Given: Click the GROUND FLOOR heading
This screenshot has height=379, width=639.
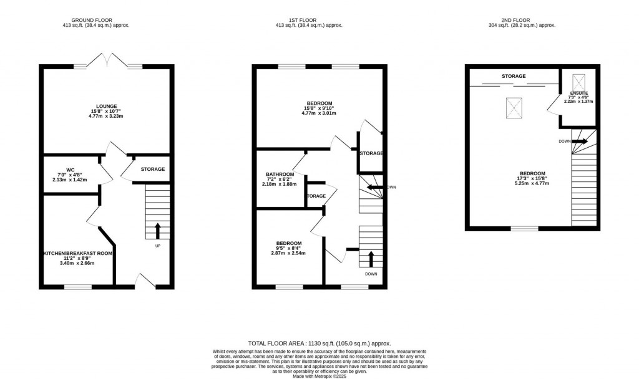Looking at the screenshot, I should pos(91,19).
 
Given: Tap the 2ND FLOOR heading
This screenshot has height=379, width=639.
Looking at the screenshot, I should pos(522,19).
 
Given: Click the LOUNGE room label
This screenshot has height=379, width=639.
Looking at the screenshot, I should pos(107,107).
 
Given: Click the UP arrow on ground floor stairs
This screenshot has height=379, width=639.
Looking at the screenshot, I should pos(157,230).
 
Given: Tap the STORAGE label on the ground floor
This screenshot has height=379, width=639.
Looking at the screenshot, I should pos(152,169).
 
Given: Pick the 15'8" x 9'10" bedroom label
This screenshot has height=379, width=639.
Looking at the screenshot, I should pos(319,103).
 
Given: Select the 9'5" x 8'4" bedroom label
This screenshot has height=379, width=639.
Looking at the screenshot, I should pos(289,243).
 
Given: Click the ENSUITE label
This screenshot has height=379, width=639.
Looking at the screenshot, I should pos(578,93).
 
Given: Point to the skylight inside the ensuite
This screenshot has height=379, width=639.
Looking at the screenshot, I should pos(578,81).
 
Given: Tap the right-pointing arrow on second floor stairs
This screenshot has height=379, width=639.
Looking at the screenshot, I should pos(580,142).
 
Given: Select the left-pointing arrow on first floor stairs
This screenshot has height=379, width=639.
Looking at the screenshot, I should pos(375,187).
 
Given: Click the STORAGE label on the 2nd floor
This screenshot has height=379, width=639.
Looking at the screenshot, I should pos(514,77).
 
